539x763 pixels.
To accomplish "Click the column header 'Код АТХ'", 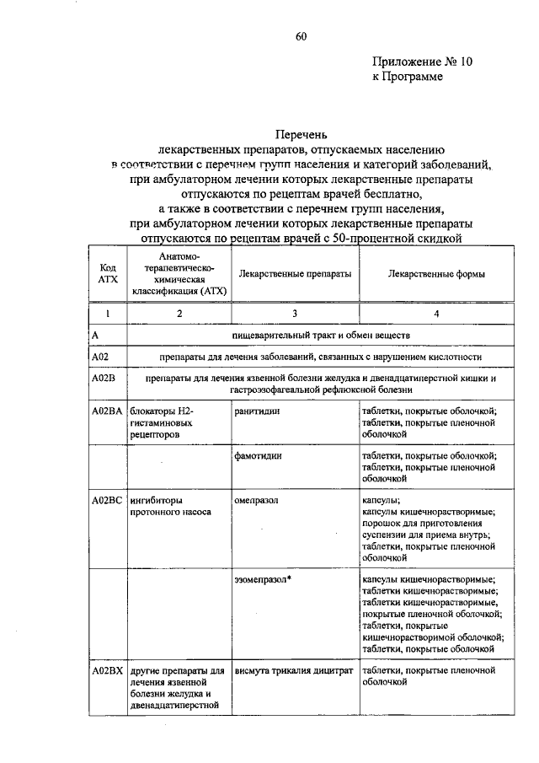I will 107,274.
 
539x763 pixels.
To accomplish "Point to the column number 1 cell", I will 107,314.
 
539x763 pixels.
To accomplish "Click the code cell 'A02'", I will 100,357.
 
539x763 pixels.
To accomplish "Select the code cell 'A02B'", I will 104,379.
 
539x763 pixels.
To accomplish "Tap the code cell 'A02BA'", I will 107,411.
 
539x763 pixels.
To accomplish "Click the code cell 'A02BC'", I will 107,500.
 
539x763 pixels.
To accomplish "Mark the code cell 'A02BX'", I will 107,671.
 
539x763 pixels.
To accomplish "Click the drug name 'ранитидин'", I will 258,411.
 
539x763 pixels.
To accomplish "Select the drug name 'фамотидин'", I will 259,455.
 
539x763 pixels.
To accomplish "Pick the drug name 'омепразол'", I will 258,500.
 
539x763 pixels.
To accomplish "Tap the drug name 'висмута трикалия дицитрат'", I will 292,671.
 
